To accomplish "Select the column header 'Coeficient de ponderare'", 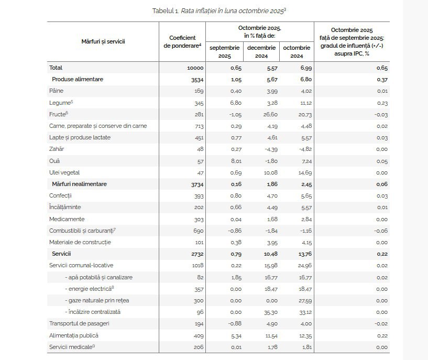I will (182, 41).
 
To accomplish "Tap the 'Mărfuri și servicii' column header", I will (103, 41).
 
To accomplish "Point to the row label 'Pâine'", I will (56, 91).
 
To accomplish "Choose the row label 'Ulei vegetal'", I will (64, 172).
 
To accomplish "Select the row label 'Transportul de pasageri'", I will (79, 323).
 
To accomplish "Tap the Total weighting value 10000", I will (195, 68).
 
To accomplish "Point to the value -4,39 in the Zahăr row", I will (265, 149).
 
